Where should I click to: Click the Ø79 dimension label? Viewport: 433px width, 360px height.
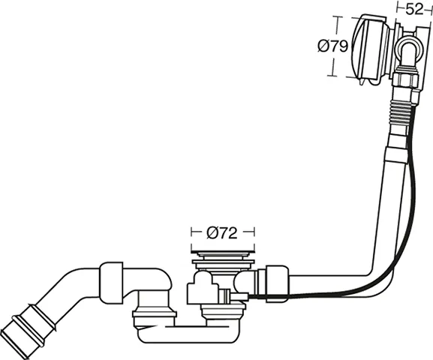pyautogui.click(x=332, y=46)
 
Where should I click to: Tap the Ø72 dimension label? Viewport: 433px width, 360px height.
pyautogui.click(x=221, y=233)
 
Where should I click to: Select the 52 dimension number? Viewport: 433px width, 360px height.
pyautogui.click(x=414, y=10)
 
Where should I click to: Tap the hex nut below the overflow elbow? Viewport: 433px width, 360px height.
pyautogui.click(x=406, y=80)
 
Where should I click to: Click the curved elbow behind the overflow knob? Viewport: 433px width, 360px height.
pyautogui.click(x=408, y=50)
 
